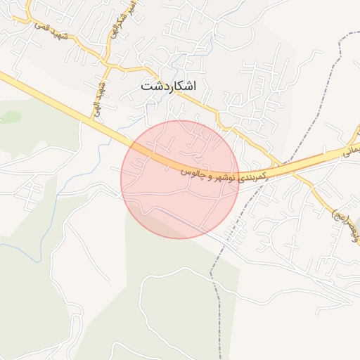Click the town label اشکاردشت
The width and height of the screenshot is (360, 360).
pyautogui.click(x=168, y=86)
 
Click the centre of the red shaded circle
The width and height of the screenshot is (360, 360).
pyautogui.click(x=180, y=179)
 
